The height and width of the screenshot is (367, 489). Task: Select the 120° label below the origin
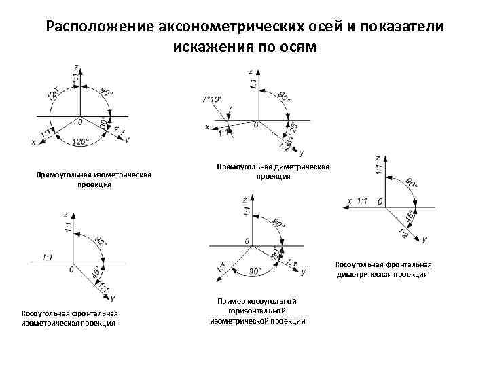(80, 141)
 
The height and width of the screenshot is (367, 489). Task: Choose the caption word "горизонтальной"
(257, 311)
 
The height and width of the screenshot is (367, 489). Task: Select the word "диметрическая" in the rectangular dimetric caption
(305, 167)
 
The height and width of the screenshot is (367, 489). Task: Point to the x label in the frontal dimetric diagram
(349, 200)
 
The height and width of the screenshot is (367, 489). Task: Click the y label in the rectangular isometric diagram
(127, 139)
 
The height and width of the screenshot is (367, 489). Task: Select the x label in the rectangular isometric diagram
(33, 141)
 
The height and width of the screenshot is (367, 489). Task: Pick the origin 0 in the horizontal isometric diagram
(247, 242)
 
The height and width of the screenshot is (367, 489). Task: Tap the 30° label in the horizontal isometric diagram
(275, 253)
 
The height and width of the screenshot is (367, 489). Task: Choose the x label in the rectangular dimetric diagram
(207, 126)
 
